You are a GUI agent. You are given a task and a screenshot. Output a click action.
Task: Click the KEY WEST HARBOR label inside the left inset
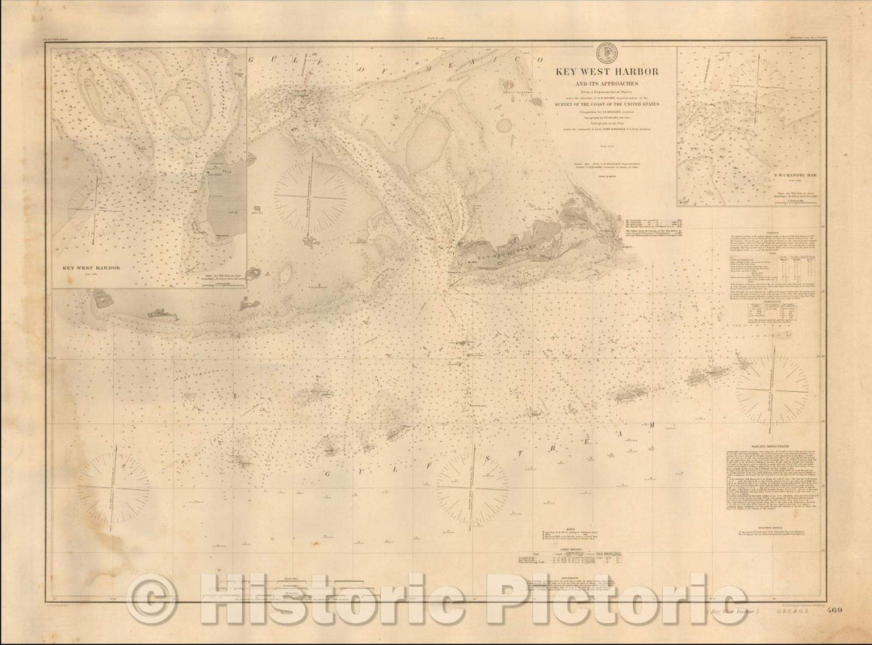pos(90,265)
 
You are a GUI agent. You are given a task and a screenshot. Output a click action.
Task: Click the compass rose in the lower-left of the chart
pos(113,487)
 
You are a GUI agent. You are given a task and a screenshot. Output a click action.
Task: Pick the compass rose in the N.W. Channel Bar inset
pos(755,85)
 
